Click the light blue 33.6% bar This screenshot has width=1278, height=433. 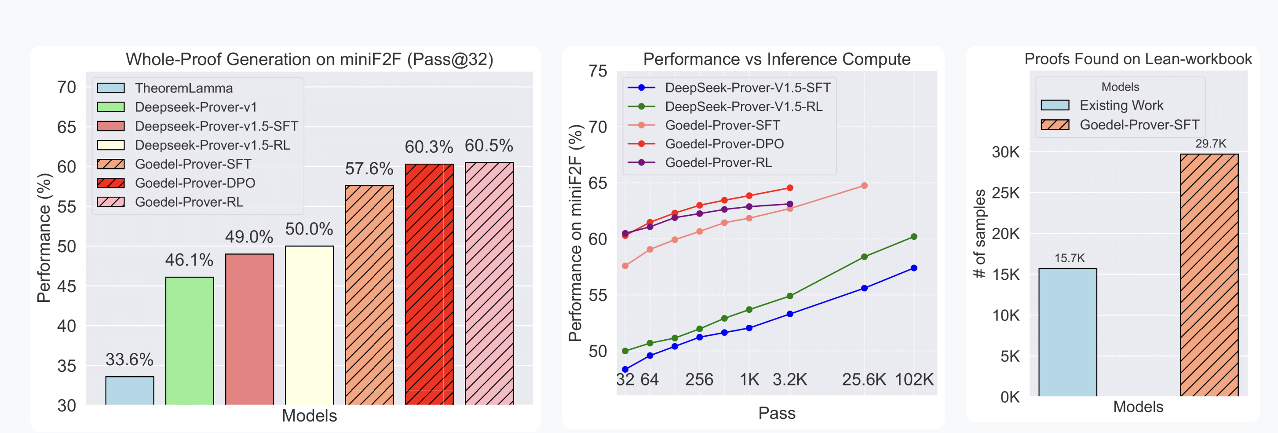coord(129,390)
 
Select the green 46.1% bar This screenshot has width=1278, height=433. coord(190,341)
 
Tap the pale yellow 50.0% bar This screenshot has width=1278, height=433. coord(309,325)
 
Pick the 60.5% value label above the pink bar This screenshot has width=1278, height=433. coord(489,146)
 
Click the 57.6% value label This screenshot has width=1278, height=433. coord(369,169)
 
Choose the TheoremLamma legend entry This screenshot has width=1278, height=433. coord(183,88)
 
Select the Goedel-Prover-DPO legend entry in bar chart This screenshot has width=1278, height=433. coord(195,183)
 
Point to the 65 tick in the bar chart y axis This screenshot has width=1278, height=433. coord(66,127)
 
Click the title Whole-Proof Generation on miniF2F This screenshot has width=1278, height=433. coord(309,59)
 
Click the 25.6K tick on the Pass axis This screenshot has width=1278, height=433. coord(864,380)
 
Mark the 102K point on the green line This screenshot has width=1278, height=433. coord(914,237)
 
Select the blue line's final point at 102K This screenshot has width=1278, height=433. coord(914,268)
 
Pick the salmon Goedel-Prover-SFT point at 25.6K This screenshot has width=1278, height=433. coord(864,186)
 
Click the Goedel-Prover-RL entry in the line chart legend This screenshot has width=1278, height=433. coord(718,163)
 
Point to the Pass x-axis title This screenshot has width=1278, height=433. coord(776,413)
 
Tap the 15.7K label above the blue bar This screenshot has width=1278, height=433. coord(1069,258)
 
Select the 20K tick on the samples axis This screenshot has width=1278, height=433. coord(1006,233)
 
